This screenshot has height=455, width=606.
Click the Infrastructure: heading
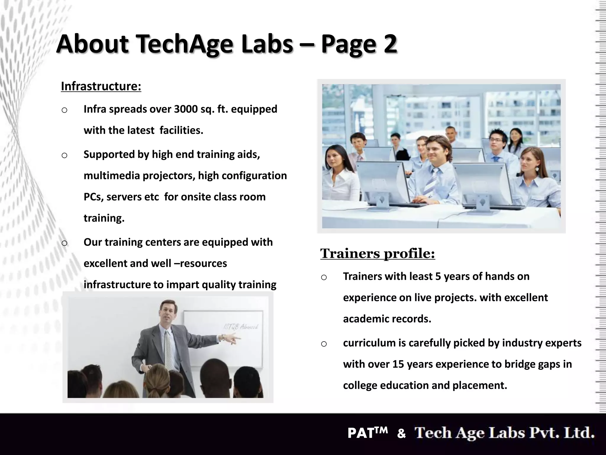pos(101,86)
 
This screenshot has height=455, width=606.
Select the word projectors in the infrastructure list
pos(169,175)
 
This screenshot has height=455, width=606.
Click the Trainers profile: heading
pos(378,253)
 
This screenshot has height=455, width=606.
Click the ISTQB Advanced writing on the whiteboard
pos(241,327)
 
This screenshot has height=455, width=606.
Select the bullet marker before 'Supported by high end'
pos(65,155)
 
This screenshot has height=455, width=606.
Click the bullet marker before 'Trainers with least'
pos(324,277)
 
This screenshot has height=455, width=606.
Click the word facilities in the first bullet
pos(181,130)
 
